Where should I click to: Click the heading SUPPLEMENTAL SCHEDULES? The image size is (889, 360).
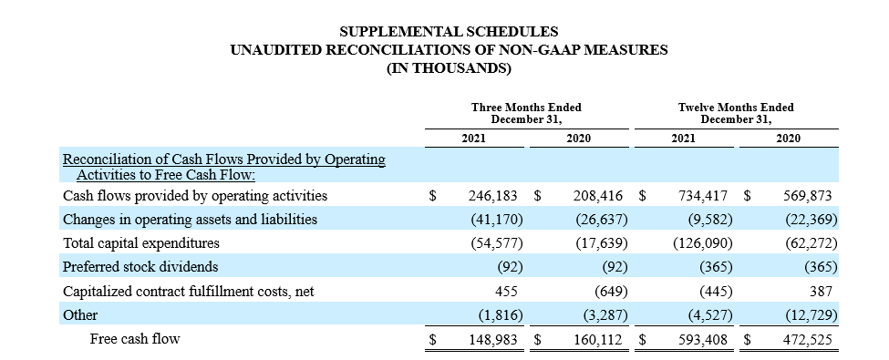click(x=449, y=31)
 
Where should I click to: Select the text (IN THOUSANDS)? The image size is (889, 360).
click(x=449, y=68)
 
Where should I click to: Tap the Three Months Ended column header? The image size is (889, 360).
click(x=527, y=113)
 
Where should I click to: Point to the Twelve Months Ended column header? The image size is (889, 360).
click(x=736, y=113)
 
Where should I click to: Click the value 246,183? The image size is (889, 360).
click(x=492, y=196)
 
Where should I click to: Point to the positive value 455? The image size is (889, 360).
click(x=506, y=292)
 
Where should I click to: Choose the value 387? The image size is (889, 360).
click(x=821, y=292)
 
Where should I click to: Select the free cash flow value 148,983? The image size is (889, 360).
click(x=492, y=340)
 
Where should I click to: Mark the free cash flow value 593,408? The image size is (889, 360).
click(x=702, y=340)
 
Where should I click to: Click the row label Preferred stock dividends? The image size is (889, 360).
click(x=140, y=266)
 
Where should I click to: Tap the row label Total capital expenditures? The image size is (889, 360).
click(x=140, y=243)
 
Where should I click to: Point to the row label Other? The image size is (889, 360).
click(x=80, y=315)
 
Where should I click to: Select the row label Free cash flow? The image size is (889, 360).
click(x=135, y=339)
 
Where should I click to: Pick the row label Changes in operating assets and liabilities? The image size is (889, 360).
click(x=190, y=220)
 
